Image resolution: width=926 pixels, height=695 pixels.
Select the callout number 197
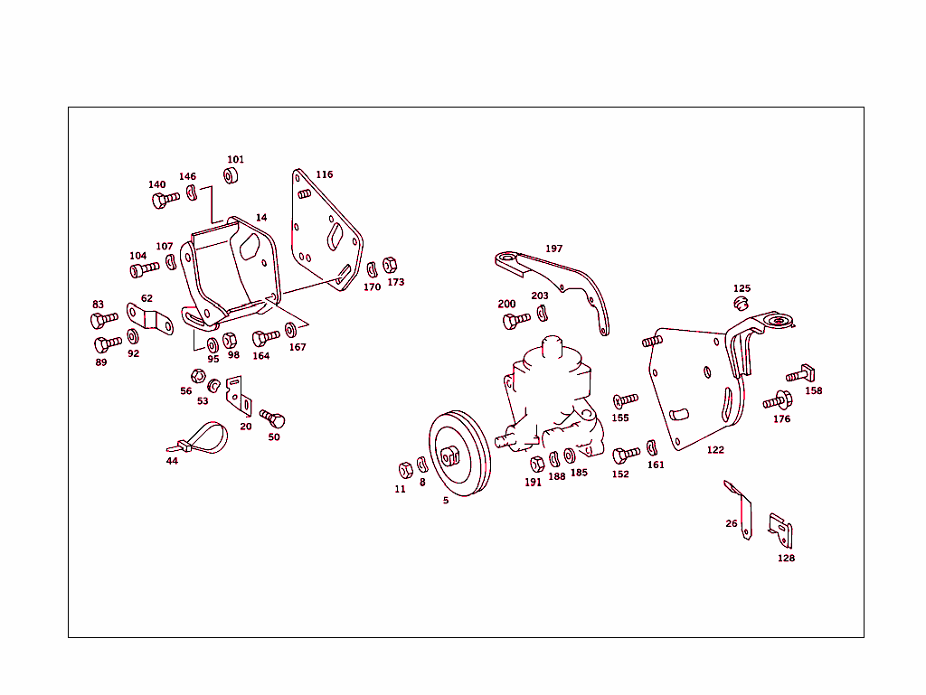tap(553, 249)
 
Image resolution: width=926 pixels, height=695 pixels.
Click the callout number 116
tap(324, 174)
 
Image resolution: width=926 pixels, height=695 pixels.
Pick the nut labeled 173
tap(390, 265)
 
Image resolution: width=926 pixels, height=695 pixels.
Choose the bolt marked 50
tap(273, 419)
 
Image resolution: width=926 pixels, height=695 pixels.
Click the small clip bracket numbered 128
tap(780, 531)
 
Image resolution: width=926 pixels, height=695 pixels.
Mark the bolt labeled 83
tap(103, 319)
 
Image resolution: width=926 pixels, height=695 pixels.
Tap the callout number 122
tap(715, 450)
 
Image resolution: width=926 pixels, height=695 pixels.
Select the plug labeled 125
tap(741, 302)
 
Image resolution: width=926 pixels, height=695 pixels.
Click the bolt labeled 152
tap(625, 455)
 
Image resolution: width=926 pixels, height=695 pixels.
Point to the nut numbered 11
tap(405, 470)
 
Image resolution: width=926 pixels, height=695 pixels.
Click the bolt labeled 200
tap(515, 320)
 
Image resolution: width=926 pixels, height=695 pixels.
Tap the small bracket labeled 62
tap(150, 317)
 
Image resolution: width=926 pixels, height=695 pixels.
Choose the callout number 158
tap(814, 391)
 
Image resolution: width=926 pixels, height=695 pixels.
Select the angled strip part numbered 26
tap(741, 508)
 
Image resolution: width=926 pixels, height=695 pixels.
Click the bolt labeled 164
tap(265, 338)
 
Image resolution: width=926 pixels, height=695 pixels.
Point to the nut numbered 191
tap(537, 465)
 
